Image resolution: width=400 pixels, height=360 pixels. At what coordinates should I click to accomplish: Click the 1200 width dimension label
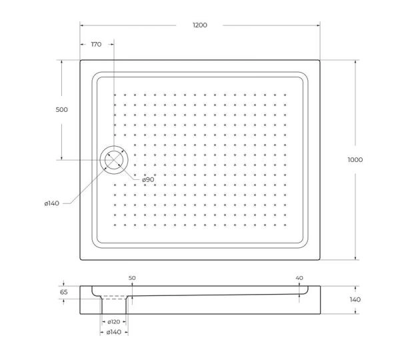200,25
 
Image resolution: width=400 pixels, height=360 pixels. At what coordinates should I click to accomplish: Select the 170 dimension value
95,45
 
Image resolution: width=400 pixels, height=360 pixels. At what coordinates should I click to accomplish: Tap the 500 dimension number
61,109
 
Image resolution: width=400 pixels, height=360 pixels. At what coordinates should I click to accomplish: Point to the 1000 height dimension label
355,159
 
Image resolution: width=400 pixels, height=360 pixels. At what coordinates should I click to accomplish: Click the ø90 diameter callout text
147,179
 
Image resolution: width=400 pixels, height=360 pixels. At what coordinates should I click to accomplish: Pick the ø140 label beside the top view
53,203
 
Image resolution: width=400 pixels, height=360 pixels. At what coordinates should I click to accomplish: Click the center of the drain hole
113,160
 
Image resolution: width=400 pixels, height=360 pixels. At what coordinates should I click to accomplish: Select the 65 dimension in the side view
64,292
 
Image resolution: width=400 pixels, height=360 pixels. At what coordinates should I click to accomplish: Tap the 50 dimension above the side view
132,277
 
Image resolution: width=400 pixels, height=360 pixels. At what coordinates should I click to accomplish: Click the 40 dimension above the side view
299,277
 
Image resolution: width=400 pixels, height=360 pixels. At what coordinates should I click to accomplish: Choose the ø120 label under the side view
114,321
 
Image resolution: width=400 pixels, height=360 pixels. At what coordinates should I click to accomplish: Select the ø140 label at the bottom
114,331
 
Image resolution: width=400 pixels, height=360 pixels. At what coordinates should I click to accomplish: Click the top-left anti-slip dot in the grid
115,95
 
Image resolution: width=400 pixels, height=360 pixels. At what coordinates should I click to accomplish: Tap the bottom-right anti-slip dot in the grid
285,225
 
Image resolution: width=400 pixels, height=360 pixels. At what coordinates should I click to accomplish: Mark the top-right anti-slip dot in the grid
285,95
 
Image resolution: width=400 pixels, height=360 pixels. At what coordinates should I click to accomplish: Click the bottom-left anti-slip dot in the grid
115,225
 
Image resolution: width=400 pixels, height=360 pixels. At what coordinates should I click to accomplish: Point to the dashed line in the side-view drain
114,298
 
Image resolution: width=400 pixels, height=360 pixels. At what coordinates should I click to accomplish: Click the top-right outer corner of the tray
320,61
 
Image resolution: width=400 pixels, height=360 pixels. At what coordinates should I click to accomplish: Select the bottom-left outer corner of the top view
81,260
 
